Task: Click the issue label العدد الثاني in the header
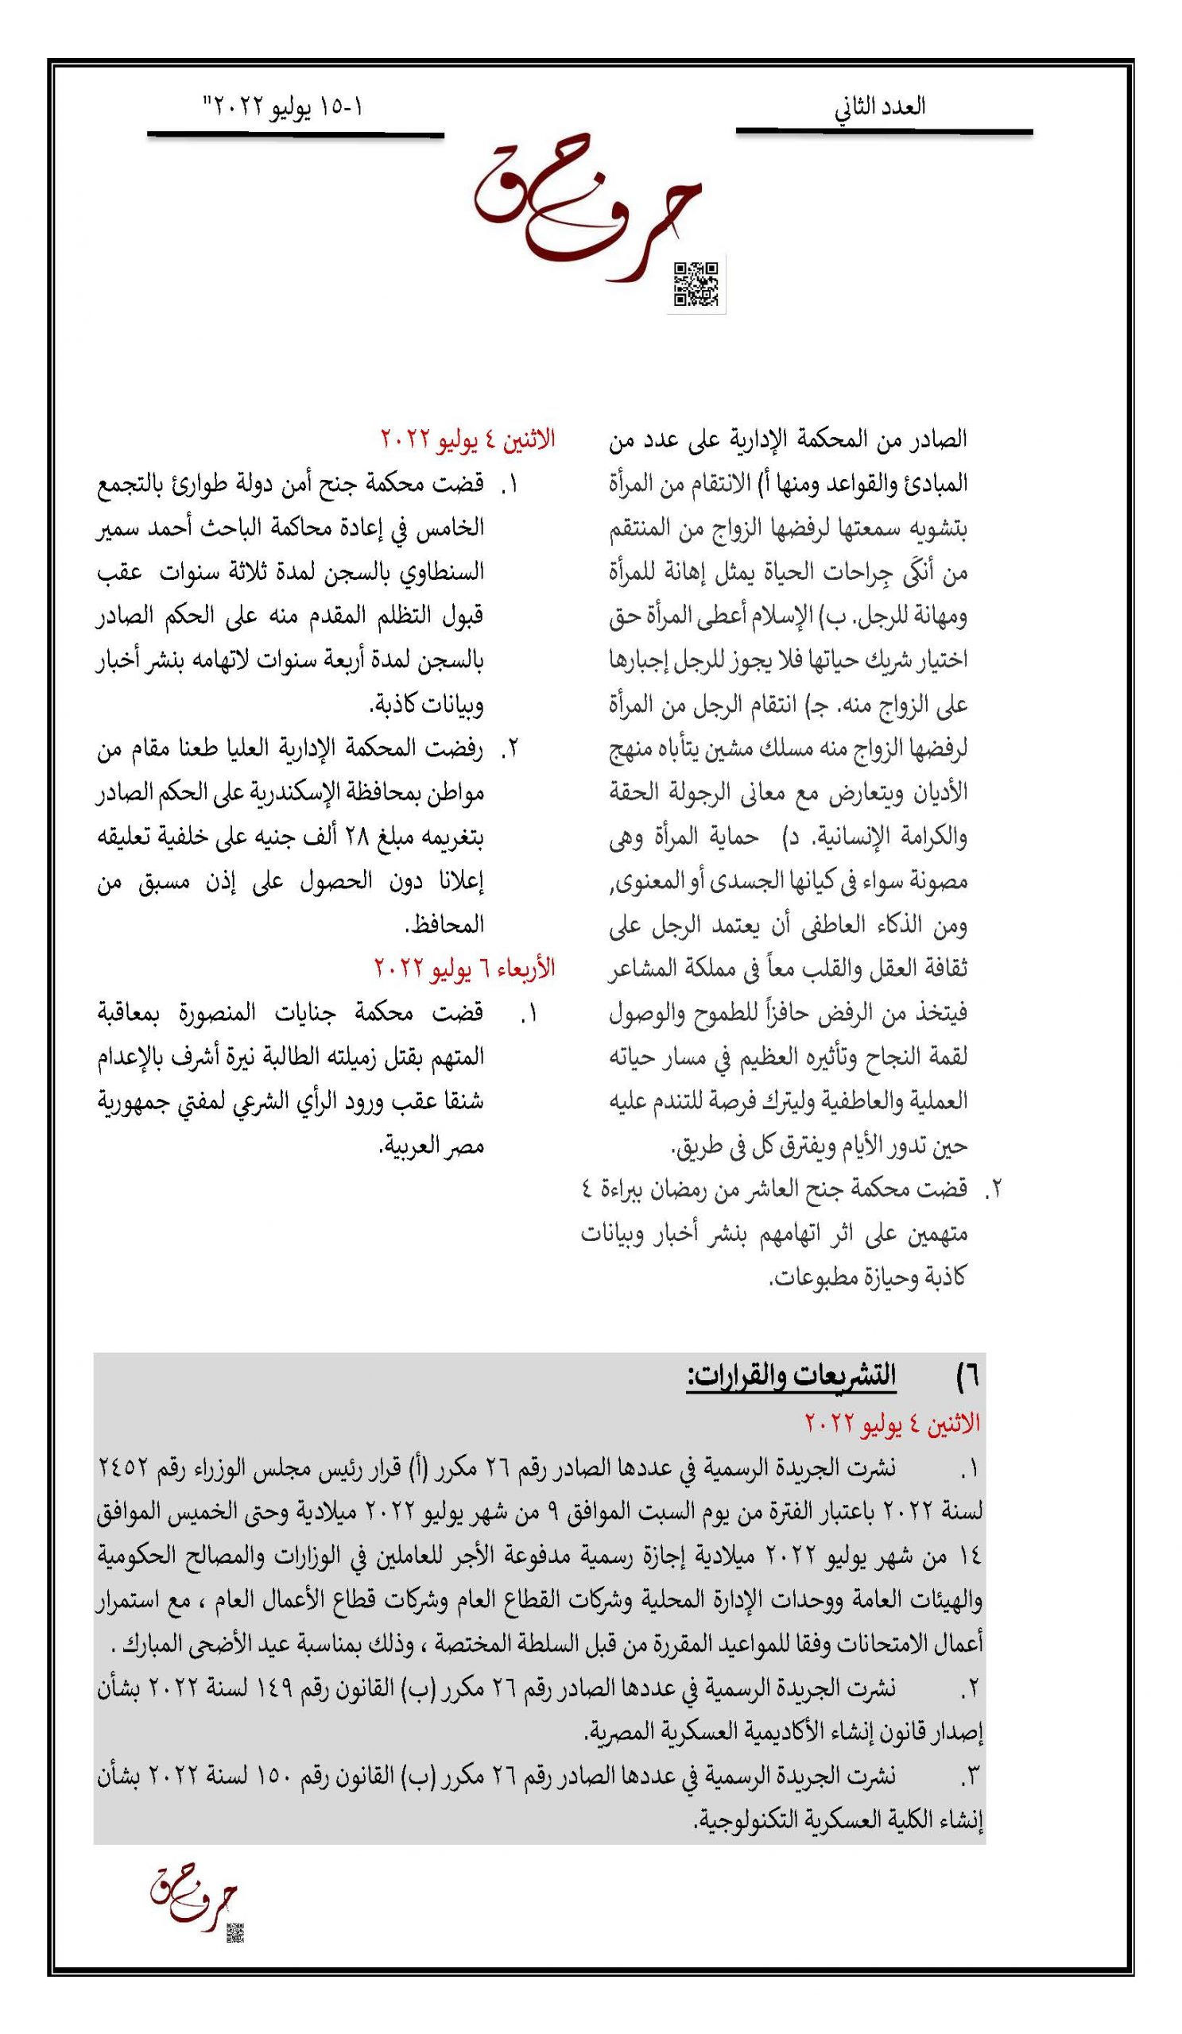click(x=879, y=107)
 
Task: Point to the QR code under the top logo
click(x=696, y=284)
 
